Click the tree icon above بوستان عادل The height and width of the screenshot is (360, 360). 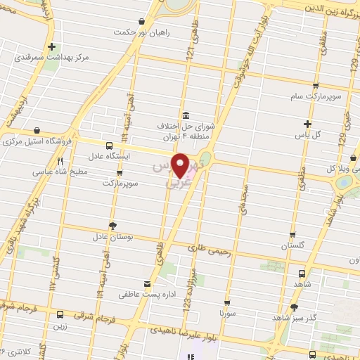pos(112,225)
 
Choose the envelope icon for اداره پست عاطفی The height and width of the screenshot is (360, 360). pos(147,284)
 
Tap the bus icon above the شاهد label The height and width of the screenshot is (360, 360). pos(302,274)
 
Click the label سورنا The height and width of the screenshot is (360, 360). pos(226,310)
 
